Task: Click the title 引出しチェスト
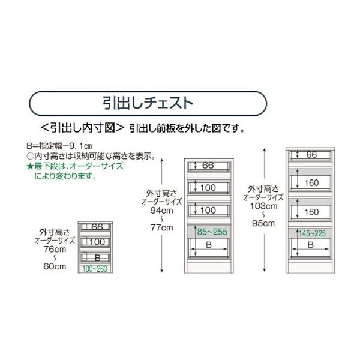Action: click(147, 102)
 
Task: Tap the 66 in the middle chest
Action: click(208, 166)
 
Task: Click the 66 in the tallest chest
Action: click(311, 155)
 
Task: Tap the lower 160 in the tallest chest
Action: click(311, 212)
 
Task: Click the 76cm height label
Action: click(55, 249)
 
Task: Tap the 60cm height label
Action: click(55, 267)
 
